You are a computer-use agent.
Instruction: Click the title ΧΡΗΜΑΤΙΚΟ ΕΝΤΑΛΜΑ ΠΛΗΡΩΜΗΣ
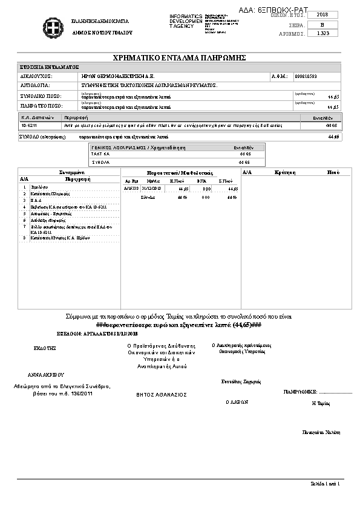(180, 57)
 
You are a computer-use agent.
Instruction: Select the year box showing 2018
(322, 15)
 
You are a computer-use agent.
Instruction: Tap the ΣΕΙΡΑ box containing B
(322, 24)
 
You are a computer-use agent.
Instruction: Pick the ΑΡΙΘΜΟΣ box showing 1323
(322, 33)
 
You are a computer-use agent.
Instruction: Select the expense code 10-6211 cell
(28, 125)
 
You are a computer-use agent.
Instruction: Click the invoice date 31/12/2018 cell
(150, 189)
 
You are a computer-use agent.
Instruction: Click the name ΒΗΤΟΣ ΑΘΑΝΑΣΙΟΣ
(161, 395)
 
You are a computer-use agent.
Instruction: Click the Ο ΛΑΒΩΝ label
(237, 401)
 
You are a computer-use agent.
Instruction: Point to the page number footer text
(327, 484)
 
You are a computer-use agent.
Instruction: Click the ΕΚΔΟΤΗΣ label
(45, 348)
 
